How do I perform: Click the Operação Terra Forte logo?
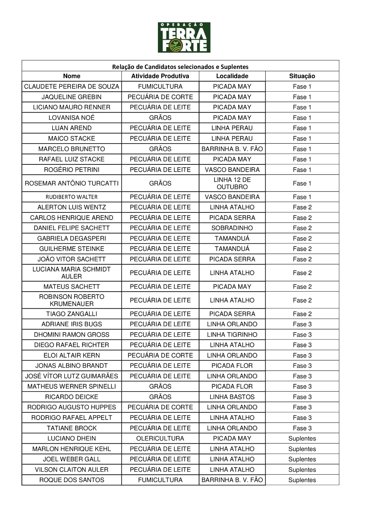point(184,38)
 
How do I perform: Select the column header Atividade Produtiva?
point(160,76)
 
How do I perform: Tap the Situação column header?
point(302,76)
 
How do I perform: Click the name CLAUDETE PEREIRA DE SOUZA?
point(72,86)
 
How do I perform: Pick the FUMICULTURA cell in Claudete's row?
point(160,86)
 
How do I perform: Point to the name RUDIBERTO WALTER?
point(72,197)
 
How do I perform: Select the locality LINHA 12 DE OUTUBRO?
point(232,183)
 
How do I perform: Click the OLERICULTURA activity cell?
point(160,438)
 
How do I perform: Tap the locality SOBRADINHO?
point(232,228)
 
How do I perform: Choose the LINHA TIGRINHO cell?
point(232,335)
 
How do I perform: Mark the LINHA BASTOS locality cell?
point(232,397)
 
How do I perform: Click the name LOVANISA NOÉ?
point(72,118)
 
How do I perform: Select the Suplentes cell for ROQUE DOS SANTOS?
point(302,480)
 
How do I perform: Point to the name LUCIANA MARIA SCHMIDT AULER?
point(72,273)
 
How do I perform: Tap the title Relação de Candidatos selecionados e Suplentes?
point(180,67)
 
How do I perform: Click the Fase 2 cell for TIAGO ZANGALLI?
point(302,314)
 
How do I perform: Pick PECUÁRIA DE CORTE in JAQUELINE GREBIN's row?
point(160,97)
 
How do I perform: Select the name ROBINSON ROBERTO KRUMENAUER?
point(72,300)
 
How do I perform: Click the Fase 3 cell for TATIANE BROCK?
point(302,428)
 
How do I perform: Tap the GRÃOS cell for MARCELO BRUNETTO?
point(160,149)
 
